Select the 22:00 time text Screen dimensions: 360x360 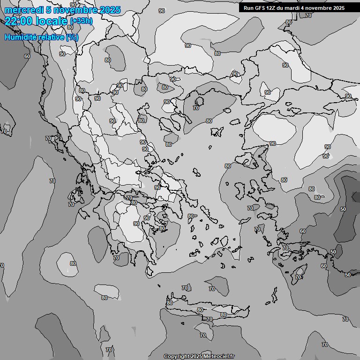pyautogui.click(x=18, y=21)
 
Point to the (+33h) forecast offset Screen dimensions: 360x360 pyautogui.click(x=81, y=21)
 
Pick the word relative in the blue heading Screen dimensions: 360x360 pyautogui.click(x=50, y=37)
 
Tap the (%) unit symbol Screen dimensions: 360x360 pyautogui.click(x=72, y=37)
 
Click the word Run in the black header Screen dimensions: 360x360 pyautogui.click(x=248, y=8)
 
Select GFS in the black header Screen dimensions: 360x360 pyautogui.click(x=260, y=8)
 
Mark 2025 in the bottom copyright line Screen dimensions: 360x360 pyautogui.click(x=196, y=356)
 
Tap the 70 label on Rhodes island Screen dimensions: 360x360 pyautogui.click(x=298, y=277)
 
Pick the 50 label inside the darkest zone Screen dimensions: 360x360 pyautogui.click(x=343, y=209)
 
